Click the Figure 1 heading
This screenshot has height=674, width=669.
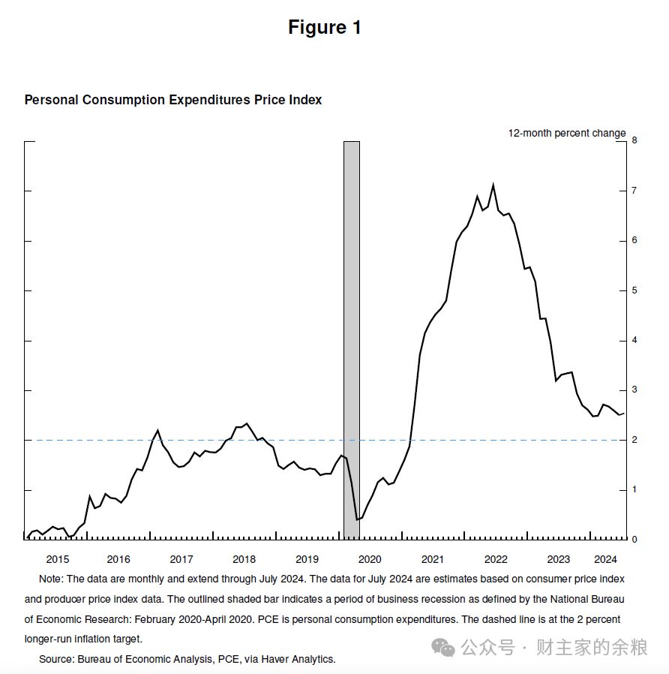tap(325, 28)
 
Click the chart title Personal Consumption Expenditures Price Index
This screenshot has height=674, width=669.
tap(173, 100)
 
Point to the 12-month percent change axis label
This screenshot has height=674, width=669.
tap(567, 134)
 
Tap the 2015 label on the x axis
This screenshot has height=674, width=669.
tap(58, 559)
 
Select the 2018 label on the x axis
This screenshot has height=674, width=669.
tap(244, 559)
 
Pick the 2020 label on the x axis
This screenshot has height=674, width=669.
tap(370, 559)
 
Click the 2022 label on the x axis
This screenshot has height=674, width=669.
tap(496, 559)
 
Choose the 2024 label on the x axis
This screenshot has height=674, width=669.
tap(605, 559)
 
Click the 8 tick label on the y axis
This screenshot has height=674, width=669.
tap(634, 140)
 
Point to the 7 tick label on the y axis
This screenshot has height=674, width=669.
tap(634, 191)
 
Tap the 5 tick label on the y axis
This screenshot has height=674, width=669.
tap(634, 290)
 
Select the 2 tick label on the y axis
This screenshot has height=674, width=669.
tap(634, 440)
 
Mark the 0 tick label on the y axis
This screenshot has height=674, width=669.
tap(634, 540)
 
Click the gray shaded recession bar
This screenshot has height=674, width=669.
tap(352, 339)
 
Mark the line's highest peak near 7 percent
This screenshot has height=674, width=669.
tap(493, 185)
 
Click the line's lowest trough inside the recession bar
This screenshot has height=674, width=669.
tap(357, 519)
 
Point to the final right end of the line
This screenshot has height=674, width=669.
tap(624, 414)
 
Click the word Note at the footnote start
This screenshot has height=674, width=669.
tap(50, 579)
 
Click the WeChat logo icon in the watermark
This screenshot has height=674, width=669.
tap(442, 648)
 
